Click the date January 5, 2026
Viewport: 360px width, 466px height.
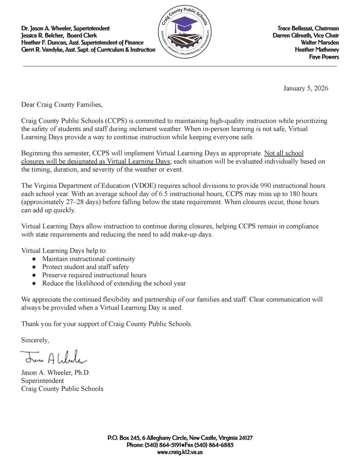[305, 88]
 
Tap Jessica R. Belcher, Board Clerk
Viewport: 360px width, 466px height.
[59, 35]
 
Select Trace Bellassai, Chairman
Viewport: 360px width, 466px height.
[308, 28]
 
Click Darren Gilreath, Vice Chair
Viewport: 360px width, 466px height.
[305, 35]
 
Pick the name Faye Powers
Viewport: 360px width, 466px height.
[324, 57]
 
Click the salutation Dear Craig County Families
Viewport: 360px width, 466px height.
[62, 105]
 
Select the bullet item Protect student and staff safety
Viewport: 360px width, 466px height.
[86, 267]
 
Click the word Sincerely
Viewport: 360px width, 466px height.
[35, 340]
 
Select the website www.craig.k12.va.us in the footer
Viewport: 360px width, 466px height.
[180, 452]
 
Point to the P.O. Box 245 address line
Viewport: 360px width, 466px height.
[180, 438]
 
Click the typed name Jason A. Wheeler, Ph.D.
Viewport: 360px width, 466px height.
[56, 373]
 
